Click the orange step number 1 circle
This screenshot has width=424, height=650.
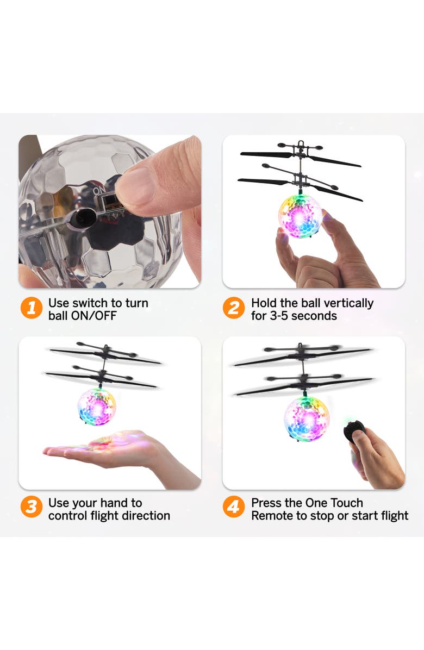32,309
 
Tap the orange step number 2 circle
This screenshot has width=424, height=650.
234,309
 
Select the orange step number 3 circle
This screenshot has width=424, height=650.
32,508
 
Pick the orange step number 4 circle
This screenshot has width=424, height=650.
234,508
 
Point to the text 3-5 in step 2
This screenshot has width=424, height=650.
282,316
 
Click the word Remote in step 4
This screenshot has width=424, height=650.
272,515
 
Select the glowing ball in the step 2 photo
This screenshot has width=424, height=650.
300,216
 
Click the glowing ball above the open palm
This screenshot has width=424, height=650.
97,405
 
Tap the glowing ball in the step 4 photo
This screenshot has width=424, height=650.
307,417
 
